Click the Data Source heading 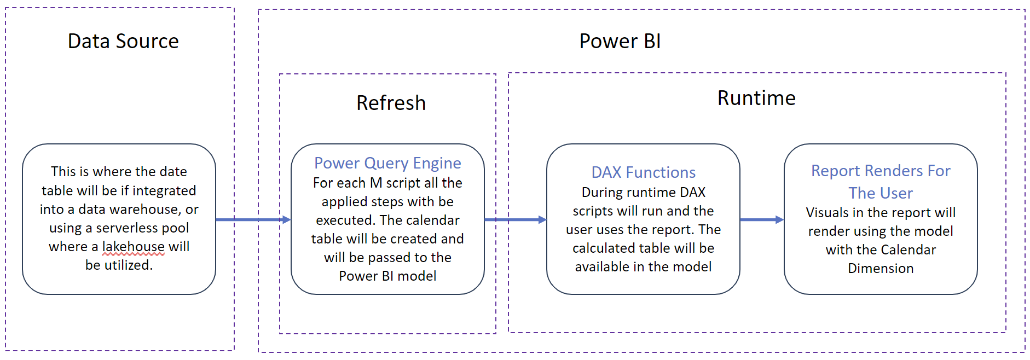tap(123, 42)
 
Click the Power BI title tap(620, 42)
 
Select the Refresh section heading tap(391, 103)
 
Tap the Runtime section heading tap(756, 98)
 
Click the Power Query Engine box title tap(387, 163)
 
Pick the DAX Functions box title tap(643, 172)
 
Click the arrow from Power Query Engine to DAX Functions tap(515, 220)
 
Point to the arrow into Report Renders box tap(761, 220)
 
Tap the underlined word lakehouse tap(133, 247)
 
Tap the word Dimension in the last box tap(881, 269)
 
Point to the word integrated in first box tap(164, 191)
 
